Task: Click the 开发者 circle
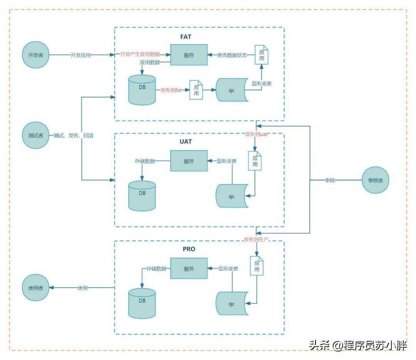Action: click(36, 55)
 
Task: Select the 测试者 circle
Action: click(36, 136)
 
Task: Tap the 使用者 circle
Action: click(36, 288)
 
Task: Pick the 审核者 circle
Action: click(375, 180)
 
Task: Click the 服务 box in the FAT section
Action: click(189, 55)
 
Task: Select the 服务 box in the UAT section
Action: click(189, 161)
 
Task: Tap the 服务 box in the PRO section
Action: click(189, 268)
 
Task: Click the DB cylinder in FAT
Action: click(142, 90)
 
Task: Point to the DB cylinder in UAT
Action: click(142, 196)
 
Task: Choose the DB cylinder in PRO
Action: click(142, 303)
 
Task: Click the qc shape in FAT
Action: click(231, 90)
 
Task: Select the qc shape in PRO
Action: click(231, 304)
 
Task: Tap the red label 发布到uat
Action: click(256, 134)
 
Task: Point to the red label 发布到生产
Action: click(256, 239)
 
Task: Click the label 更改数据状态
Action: click(231, 55)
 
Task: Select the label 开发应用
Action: click(81, 55)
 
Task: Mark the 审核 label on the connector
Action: click(330, 180)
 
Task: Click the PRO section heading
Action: click(189, 249)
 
